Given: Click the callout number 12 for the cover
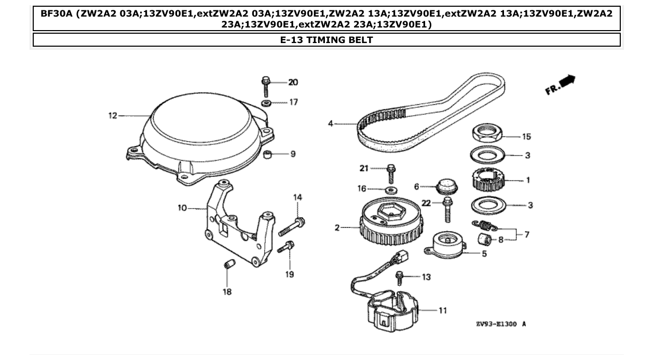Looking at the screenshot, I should tap(113, 116).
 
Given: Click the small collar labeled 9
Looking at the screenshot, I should tap(268, 154).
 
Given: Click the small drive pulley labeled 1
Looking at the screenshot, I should tap(487, 181).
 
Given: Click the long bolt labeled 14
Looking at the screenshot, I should tap(291, 227).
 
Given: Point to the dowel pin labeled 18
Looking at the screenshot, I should tap(227, 266).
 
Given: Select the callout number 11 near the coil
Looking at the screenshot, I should tap(442, 311).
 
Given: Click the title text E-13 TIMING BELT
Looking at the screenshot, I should tap(326, 40).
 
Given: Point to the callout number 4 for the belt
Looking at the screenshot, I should tap(331, 124).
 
